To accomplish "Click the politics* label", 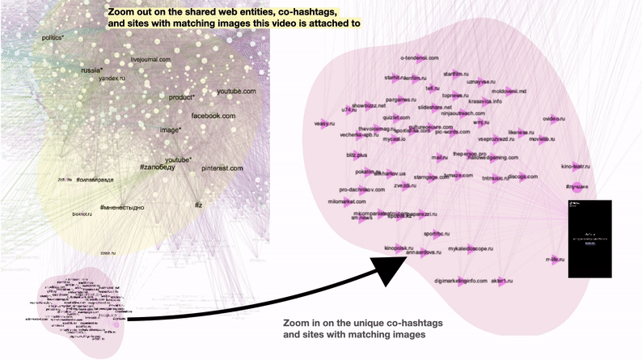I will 52,38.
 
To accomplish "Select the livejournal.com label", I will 151,60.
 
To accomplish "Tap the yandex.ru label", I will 112,78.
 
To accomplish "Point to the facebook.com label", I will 213,116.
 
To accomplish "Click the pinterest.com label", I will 222,167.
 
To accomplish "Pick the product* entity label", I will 182,97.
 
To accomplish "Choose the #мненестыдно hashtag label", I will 122,208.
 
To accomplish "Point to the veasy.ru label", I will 324,124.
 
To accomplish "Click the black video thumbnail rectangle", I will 590,239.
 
